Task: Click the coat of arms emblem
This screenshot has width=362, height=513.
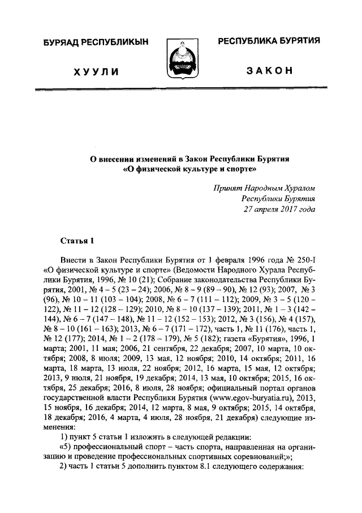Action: click(x=180, y=60)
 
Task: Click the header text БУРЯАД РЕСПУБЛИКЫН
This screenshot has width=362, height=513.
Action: click(x=97, y=43)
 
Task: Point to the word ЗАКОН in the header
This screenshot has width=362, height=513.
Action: click(x=269, y=71)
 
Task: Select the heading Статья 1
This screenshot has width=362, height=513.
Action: click(x=76, y=241)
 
